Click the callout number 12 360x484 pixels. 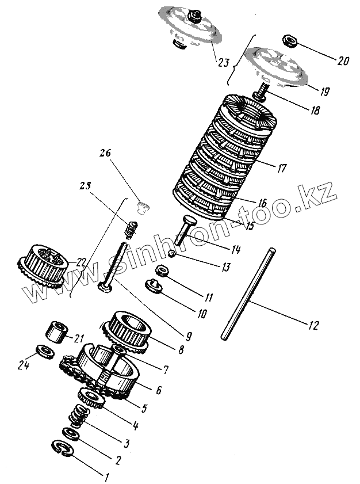(312, 326)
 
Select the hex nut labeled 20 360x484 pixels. (290, 41)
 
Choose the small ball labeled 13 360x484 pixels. (171, 254)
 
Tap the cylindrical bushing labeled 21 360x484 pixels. (56, 333)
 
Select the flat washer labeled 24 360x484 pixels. (42, 350)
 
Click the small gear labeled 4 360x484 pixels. (89, 397)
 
